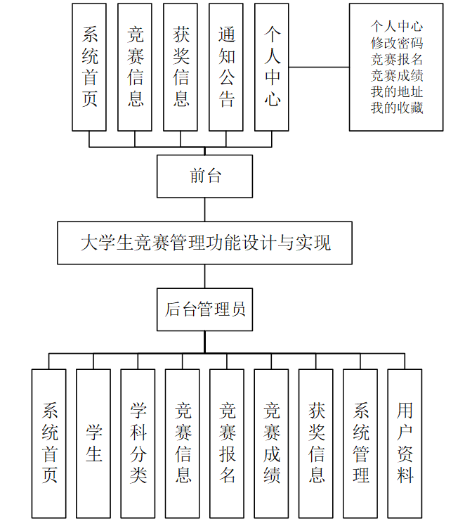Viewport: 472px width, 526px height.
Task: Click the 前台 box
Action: (x=204, y=176)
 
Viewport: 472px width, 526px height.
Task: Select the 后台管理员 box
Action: (x=204, y=309)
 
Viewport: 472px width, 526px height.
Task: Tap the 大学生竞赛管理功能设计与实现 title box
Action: (x=204, y=243)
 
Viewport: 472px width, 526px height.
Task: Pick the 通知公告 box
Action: (x=226, y=67)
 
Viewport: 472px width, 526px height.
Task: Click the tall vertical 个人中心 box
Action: (x=272, y=67)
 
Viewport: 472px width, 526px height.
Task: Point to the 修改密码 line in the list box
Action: (x=397, y=43)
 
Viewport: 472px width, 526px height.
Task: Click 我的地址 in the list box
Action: (x=397, y=92)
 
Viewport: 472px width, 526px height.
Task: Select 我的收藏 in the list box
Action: (x=397, y=108)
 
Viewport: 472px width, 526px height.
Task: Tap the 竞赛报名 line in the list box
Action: (x=397, y=59)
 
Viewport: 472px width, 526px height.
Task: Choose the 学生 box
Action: (x=94, y=443)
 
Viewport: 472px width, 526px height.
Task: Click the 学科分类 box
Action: (x=138, y=443)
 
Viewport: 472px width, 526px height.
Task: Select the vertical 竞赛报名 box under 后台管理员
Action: (x=227, y=443)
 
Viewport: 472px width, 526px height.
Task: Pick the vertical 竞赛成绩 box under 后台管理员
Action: (x=271, y=443)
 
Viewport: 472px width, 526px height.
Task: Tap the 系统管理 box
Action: (x=360, y=443)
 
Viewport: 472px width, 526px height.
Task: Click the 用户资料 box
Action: (x=405, y=443)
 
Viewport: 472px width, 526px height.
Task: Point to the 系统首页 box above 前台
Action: (x=90, y=67)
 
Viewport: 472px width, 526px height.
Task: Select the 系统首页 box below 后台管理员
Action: (x=49, y=443)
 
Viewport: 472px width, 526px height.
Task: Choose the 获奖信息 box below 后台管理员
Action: (x=316, y=443)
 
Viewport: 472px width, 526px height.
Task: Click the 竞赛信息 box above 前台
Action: (x=135, y=67)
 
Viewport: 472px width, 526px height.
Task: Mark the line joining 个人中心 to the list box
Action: (x=320, y=68)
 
